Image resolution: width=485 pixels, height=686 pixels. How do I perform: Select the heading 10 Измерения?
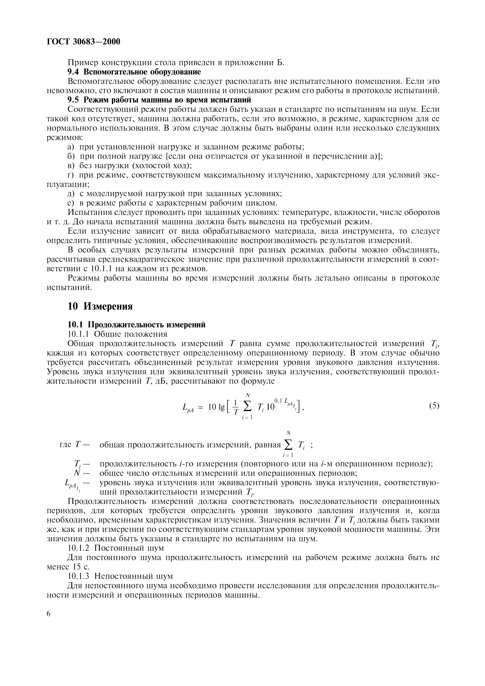pyautogui.click(x=100, y=306)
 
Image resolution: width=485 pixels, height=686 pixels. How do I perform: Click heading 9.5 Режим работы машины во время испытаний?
pyautogui.click(x=159, y=100)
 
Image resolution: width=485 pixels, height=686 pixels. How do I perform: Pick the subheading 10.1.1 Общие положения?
pyautogui.click(x=117, y=334)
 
